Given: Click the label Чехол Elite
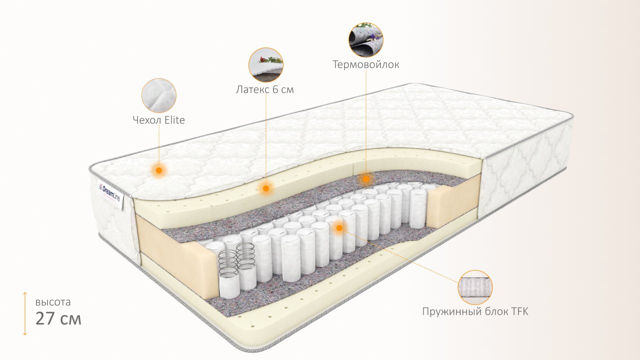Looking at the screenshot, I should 158,120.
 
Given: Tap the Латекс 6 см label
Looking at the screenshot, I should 264,90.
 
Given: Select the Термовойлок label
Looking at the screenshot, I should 366,64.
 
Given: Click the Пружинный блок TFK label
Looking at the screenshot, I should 475,311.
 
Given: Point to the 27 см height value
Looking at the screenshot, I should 58,318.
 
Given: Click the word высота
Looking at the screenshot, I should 53,302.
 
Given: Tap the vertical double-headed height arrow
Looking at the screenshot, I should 25,313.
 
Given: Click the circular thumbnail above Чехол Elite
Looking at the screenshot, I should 159,95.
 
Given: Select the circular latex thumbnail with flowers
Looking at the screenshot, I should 266,65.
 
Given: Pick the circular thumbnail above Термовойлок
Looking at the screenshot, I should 366,39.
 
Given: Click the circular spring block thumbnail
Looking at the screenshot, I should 475,287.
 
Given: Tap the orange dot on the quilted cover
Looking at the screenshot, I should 159,170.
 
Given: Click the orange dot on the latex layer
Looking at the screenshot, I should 266,188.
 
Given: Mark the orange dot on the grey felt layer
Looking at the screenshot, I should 366,178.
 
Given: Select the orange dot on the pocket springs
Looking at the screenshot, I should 339,228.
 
